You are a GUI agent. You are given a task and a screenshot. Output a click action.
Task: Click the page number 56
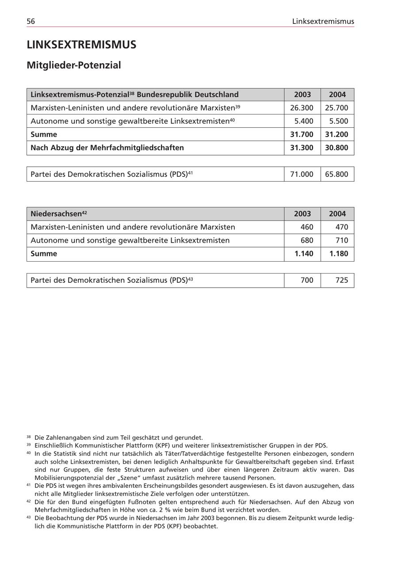[x=31, y=21]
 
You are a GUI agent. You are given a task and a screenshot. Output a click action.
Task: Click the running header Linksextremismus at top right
[x=323, y=21]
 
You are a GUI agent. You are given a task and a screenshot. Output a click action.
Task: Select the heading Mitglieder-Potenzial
[x=73, y=65]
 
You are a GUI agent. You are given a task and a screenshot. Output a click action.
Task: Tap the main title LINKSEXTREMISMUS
[x=81, y=45]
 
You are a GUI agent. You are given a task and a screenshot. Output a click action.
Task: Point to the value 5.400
[x=303, y=121]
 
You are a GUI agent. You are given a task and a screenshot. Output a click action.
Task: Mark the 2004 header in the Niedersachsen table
[x=337, y=214]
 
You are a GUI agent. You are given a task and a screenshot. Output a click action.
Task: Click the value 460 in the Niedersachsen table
[x=306, y=227]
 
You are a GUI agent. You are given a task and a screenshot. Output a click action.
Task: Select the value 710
[x=341, y=240]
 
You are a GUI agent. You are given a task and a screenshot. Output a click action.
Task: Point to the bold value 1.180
[x=338, y=254]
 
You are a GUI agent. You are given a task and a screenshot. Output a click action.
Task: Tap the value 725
[x=341, y=280]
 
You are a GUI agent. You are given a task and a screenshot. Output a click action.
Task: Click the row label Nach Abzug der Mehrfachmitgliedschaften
[x=107, y=148]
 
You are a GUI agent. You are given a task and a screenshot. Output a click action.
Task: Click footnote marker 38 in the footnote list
[x=29, y=437]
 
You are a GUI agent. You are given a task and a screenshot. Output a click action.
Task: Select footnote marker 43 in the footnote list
[x=29, y=517]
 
